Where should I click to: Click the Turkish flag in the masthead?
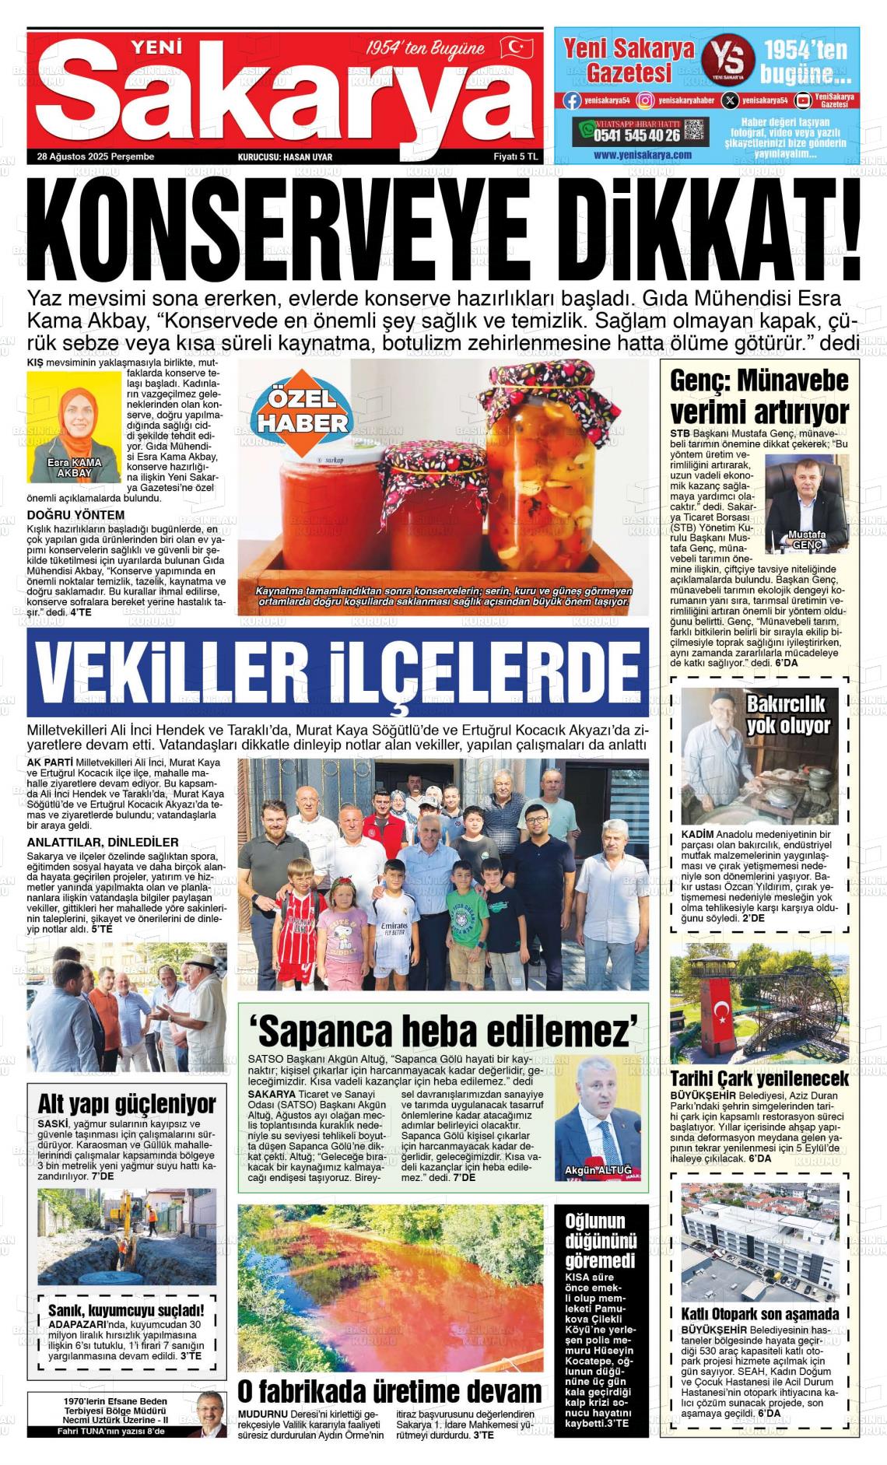516,48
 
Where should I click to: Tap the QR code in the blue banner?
695,131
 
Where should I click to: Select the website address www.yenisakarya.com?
642,155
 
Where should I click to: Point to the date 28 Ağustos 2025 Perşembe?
96,156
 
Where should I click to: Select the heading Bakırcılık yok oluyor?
788,714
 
